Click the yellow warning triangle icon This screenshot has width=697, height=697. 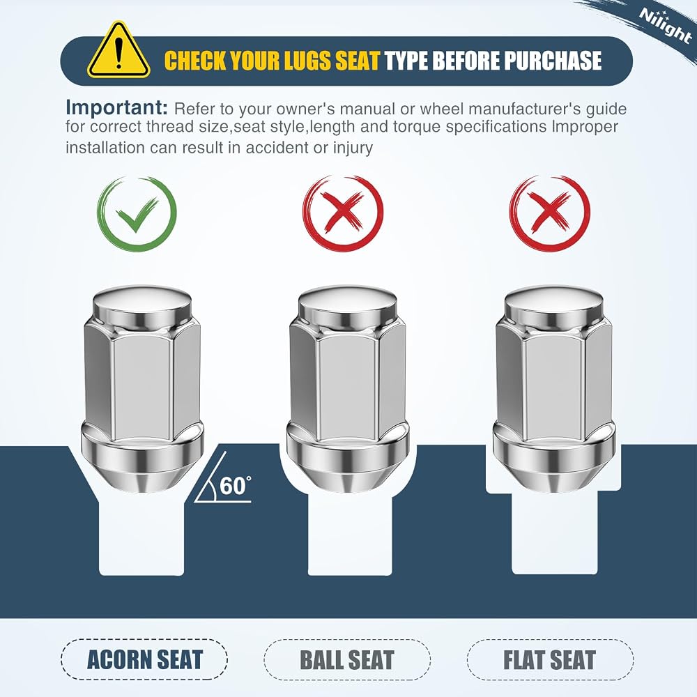click(118, 51)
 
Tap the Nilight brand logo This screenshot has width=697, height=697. click(666, 26)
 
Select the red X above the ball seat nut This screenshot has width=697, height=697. click(343, 213)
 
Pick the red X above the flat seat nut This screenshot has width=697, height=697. click(550, 213)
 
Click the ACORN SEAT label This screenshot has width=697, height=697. click(144, 659)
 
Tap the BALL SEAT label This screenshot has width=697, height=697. click(347, 659)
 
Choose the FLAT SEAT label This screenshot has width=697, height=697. click(549, 659)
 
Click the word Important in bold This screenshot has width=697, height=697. click(117, 107)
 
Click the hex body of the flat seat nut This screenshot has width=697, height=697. click(554, 380)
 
